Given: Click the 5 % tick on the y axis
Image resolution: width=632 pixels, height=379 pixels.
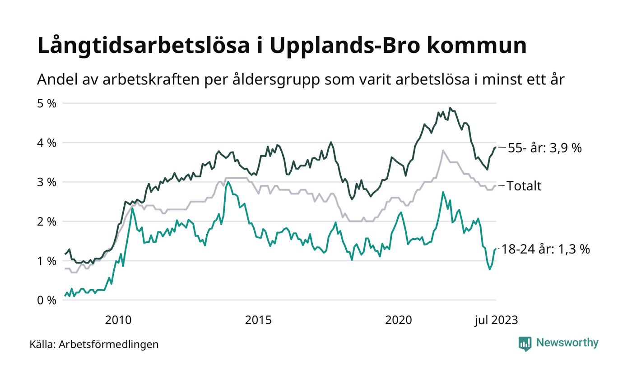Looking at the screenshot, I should tap(47, 103).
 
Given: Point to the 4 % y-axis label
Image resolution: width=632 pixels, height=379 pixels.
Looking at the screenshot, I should tap(47, 143).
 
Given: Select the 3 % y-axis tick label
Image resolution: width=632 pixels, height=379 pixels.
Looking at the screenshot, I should tap(47, 182).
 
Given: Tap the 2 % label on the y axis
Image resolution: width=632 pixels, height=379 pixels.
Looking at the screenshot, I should tap(47, 222).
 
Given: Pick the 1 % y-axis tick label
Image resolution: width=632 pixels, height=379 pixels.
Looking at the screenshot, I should tap(47, 261).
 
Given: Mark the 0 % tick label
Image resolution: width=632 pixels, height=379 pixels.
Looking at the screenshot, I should tap(47, 300).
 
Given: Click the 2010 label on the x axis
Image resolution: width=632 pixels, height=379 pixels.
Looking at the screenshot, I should tap(118, 320).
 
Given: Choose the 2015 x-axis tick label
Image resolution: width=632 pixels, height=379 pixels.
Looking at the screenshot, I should tap(258, 320).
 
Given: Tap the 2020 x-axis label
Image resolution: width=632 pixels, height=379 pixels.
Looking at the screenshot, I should tap(399, 320).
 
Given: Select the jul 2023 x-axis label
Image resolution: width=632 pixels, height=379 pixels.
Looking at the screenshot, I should tap(496, 320).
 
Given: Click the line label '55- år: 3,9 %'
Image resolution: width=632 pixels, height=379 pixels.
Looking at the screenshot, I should tap(545, 148).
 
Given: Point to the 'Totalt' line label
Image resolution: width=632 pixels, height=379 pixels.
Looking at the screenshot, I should tap(524, 186).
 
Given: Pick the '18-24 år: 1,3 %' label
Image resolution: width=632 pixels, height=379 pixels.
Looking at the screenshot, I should tap(546, 249).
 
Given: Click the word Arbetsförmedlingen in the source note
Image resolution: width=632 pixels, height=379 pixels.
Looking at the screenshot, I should tap(109, 344).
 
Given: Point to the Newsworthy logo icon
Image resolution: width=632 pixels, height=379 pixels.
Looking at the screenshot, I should tap(525, 343).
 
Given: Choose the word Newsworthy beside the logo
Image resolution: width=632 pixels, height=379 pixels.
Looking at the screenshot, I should tap(567, 343).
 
